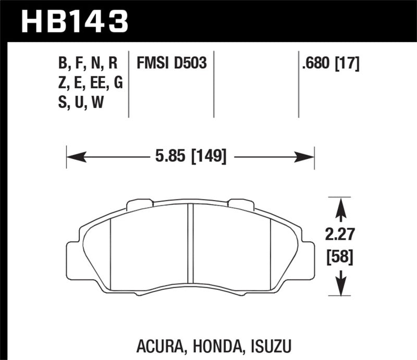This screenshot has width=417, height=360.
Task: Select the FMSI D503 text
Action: pyautogui.click(x=172, y=64)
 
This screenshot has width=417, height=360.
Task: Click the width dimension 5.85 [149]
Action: pyautogui.click(x=190, y=156)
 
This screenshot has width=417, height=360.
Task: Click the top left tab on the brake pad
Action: pyautogui.click(x=137, y=203)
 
